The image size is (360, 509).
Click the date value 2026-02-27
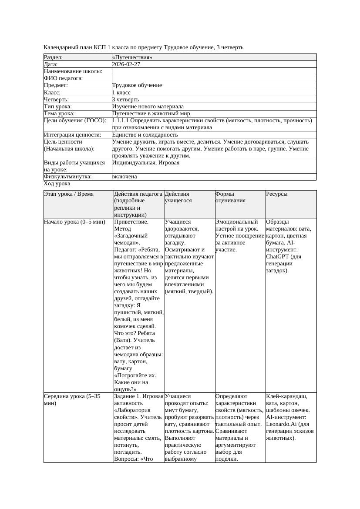(x=126, y=64)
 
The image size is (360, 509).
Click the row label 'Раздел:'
(x=54, y=57)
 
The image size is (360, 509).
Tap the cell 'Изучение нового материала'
(x=148, y=107)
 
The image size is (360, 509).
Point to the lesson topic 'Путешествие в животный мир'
(x=151, y=114)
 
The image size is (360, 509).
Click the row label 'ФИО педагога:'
(x=64, y=78)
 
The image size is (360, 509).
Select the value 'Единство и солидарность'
(x=145, y=135)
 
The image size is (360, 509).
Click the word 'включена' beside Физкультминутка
(x=124, y=177)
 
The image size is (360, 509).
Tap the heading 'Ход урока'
(x=57, y=184)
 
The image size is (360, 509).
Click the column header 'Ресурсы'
(x=277, y=194)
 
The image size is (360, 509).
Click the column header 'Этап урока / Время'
(x=69, y=194)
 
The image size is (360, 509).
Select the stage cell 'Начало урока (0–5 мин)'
(x=75, y=222)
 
